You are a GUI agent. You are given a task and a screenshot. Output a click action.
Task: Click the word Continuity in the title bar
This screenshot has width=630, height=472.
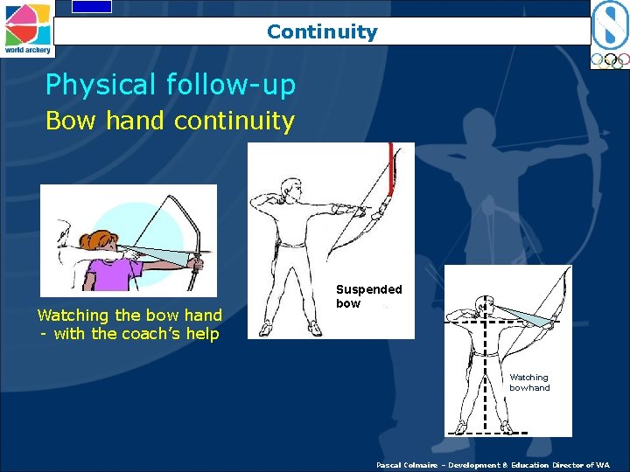(322, 32)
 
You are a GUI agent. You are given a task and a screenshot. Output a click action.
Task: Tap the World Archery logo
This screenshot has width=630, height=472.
(26, 28)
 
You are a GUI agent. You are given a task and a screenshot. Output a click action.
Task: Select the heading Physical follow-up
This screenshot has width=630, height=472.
(171, 85)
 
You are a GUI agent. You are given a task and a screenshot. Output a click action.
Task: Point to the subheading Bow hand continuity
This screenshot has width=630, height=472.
(170, 121)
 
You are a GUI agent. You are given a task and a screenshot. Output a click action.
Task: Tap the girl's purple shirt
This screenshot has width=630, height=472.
(110, 274)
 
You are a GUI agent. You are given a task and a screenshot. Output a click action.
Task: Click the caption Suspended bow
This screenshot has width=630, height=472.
(368, 296)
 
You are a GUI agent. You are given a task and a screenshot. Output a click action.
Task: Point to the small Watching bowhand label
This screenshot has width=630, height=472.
(529, 383)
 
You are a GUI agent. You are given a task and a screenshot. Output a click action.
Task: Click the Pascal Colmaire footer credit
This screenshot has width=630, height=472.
(493, 465)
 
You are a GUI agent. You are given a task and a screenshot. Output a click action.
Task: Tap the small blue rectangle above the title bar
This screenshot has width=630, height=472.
(92, 6)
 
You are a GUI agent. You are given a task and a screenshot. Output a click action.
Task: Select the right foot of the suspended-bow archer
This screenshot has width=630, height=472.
(314, 328)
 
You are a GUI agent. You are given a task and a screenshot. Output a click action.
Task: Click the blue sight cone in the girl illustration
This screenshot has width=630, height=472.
(166, 255)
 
